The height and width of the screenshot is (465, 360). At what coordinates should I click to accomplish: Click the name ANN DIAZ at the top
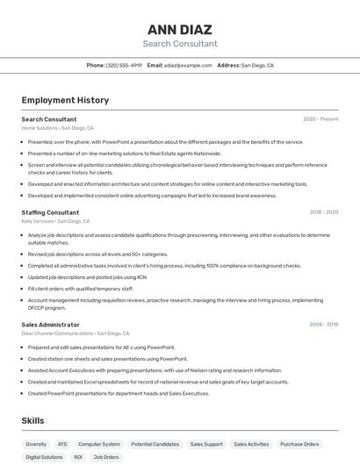click(x=179, y=29)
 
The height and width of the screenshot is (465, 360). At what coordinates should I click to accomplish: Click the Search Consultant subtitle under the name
click(x=179, y=44)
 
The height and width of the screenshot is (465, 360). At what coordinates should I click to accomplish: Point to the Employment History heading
click(x=65, y=100)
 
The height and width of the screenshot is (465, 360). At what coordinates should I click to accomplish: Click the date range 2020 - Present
click(x=320, y=119)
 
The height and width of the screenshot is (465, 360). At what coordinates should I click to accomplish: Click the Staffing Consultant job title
click(x=50, y=212)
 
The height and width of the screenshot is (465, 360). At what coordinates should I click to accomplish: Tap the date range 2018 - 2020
click(x=323, y=212)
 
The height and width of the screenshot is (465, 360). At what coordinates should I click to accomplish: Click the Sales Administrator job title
click(x=51, y=325)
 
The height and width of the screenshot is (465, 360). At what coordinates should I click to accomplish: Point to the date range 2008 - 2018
click(x=323, y=325)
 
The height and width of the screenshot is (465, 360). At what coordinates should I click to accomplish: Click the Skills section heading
click(x=33, y=421)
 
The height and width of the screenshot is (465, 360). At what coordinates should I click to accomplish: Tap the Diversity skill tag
click(x=36, y=444)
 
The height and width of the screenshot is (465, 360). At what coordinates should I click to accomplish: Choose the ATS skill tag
click(x=62, y=444)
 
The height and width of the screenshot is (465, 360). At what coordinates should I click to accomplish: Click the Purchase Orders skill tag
click(x=299, y=444)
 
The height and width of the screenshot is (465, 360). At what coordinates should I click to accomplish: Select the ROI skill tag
click(x=78, y=457)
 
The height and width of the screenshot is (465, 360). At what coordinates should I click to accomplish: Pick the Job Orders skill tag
click(x=106, y=457)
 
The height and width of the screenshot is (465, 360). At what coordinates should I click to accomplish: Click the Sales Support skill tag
click(x=206, y=444)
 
